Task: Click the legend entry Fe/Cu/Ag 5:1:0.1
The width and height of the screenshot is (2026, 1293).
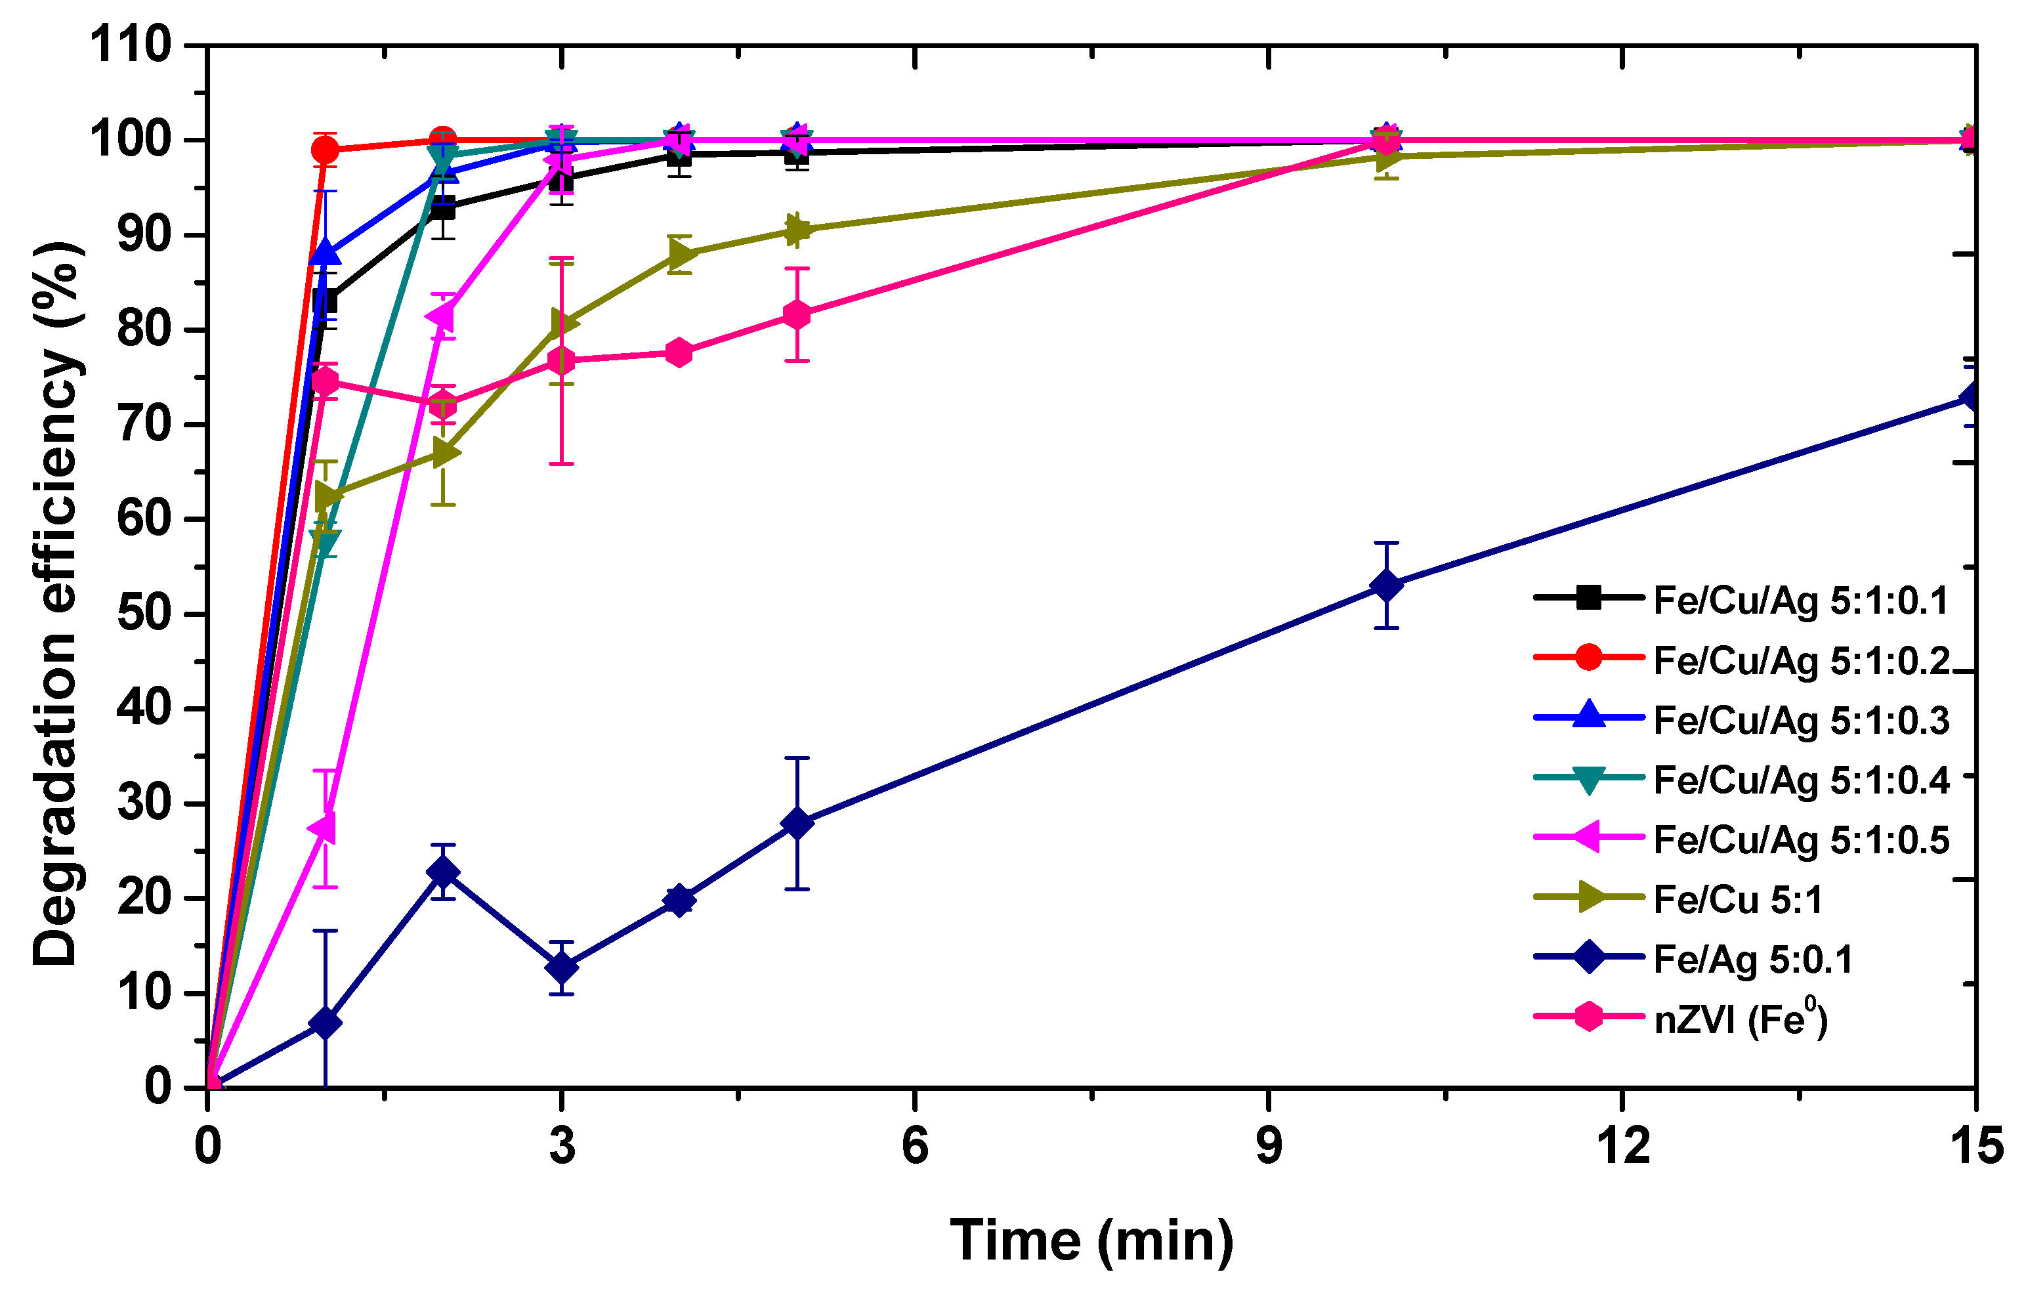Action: click(x=1800, y=601)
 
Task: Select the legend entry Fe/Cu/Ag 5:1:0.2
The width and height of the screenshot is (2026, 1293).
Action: click(x=1800, y=660)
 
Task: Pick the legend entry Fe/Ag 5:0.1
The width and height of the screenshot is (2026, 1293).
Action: click(x=1752, y=960)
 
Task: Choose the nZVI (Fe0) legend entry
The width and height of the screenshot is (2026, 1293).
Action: click(x=1740, y=1019)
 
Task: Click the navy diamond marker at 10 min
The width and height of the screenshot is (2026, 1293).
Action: click(x=1387, y=585)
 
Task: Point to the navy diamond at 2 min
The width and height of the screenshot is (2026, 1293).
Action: click(x=444, y=872)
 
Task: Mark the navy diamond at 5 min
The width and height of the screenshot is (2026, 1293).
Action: click(x=797, y=824)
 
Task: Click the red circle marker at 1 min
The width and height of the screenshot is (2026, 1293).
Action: click(x=325, y=150)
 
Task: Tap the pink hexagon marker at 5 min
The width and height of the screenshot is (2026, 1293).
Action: click(x=797, y=314)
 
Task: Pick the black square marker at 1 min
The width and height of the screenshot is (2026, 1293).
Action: click(x=325, y=301)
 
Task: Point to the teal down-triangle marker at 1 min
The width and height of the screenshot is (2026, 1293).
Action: click(x=325, y=540)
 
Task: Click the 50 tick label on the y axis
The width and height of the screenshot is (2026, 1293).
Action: click(x=144, y=614)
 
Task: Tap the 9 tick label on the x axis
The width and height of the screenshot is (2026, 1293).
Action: click(x=1268, y=1147)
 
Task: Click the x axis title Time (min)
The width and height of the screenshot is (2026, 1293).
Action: click(x=1091, y=1242)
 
